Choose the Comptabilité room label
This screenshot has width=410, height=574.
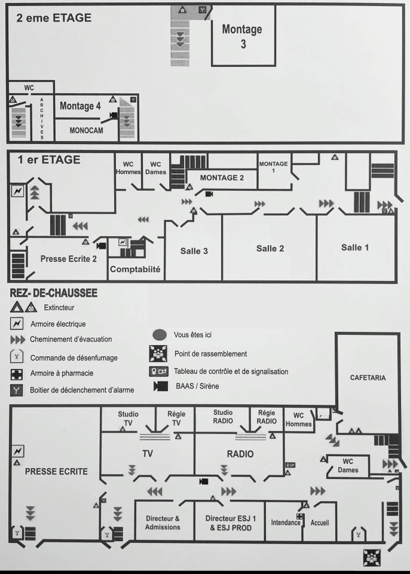(x=136, y=269)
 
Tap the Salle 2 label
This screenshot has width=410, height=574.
(x=270, y=248)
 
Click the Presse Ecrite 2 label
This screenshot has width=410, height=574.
(x=68, y=259)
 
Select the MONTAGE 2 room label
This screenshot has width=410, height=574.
(x=222, y=178)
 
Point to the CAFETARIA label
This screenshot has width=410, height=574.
(x=368, y=378)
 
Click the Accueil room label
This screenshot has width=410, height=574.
(x=320, y=522)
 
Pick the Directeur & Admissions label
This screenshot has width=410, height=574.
(x=162, y=523)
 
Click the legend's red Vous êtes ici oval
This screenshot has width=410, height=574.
(x=160, y=335)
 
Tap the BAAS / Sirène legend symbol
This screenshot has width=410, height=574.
(x=160, y=387)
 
